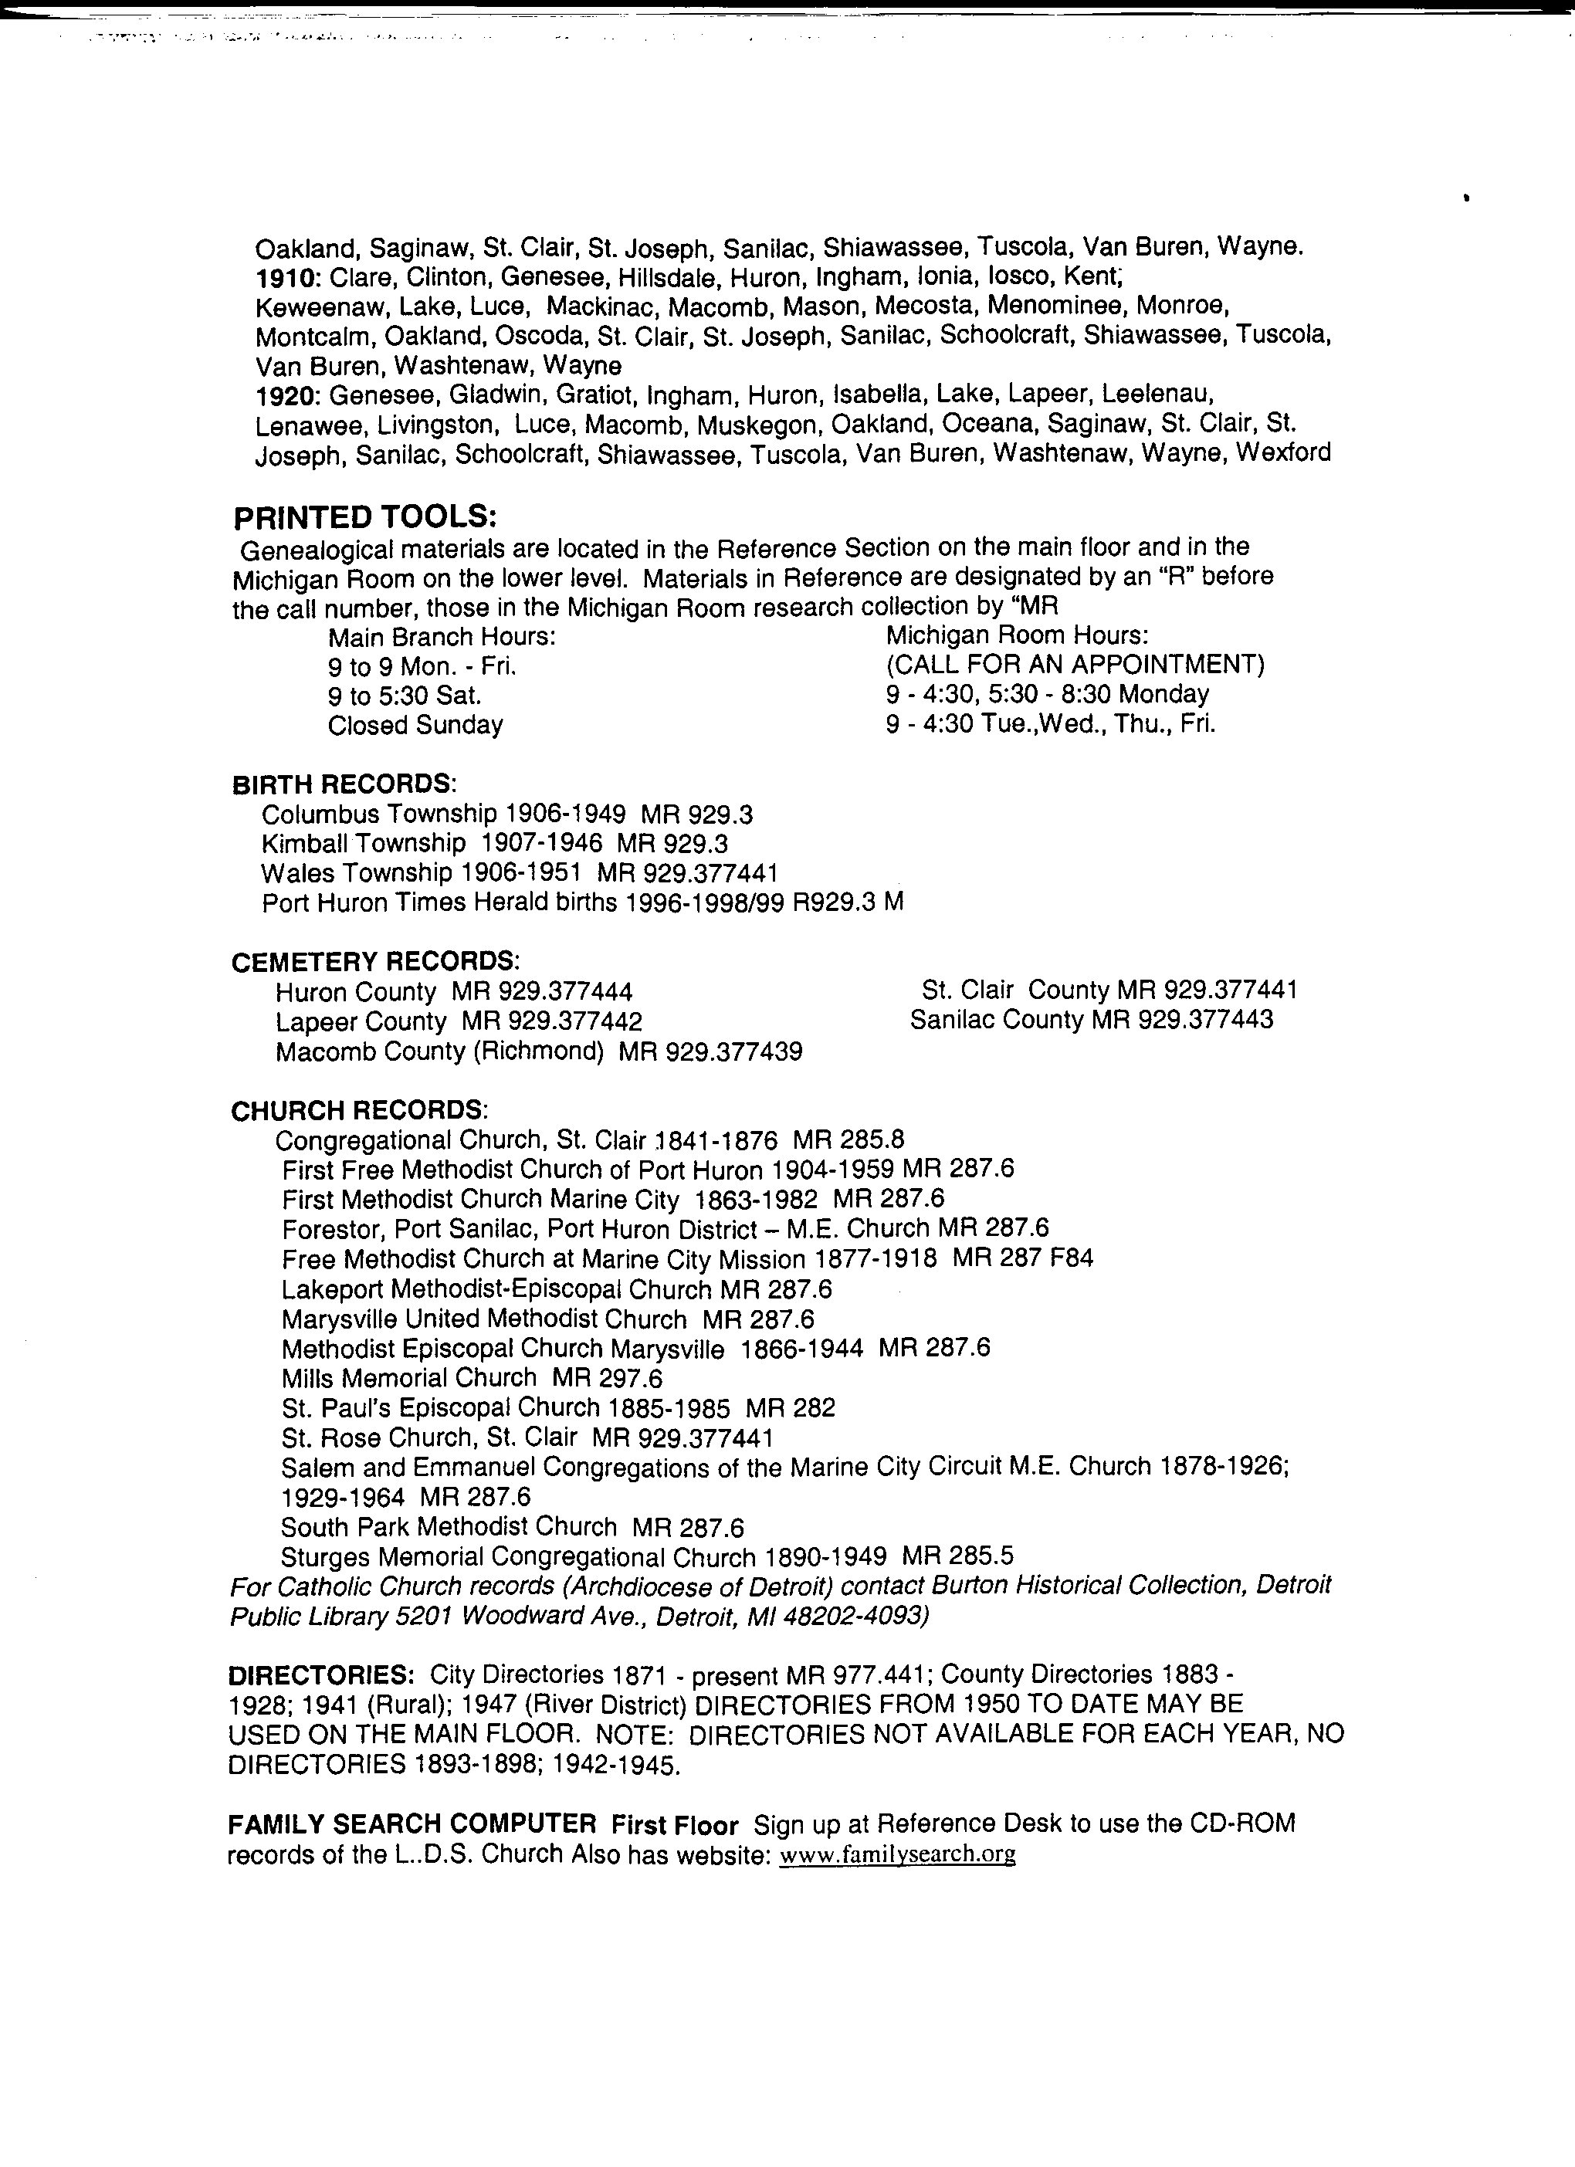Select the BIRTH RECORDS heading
343,784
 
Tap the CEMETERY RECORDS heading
374,960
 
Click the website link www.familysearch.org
897,1854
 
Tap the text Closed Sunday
415,725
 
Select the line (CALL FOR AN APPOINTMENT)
1075,664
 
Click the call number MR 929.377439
710,1052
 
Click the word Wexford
1282,452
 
